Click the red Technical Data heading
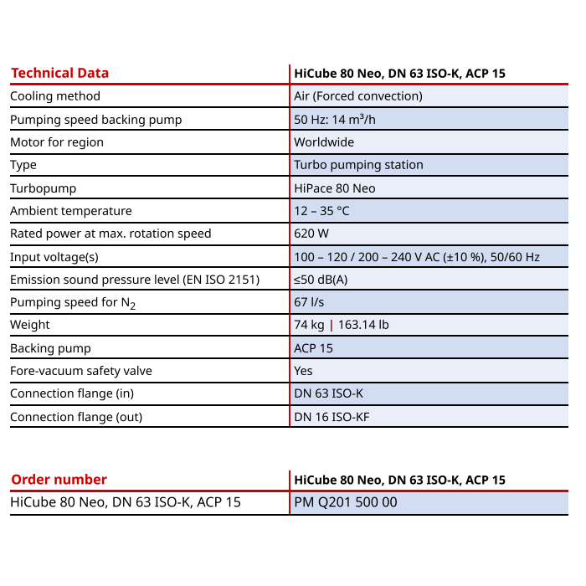pos(59,74)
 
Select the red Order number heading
pos(59,480)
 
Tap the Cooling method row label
pos(55,96)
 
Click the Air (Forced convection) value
pos(357,96)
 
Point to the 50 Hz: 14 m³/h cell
pos(335,120)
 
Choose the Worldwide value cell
pos(324,142)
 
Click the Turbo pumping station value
pos(358,165)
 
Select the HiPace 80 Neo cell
pos(335,188)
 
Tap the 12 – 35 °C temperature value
pos(321,211)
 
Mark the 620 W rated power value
pos(311,234)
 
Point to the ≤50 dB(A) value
pos(321,280)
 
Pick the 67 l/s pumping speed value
pos(310,302)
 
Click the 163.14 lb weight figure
pos(362,325)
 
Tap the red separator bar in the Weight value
pos(331,325)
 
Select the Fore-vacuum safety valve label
pos(81,371)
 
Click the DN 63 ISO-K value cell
pos(328,393)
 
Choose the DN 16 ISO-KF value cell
pos(332,417)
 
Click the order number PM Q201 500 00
pos(346,502)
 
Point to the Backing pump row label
pos(50,348)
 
